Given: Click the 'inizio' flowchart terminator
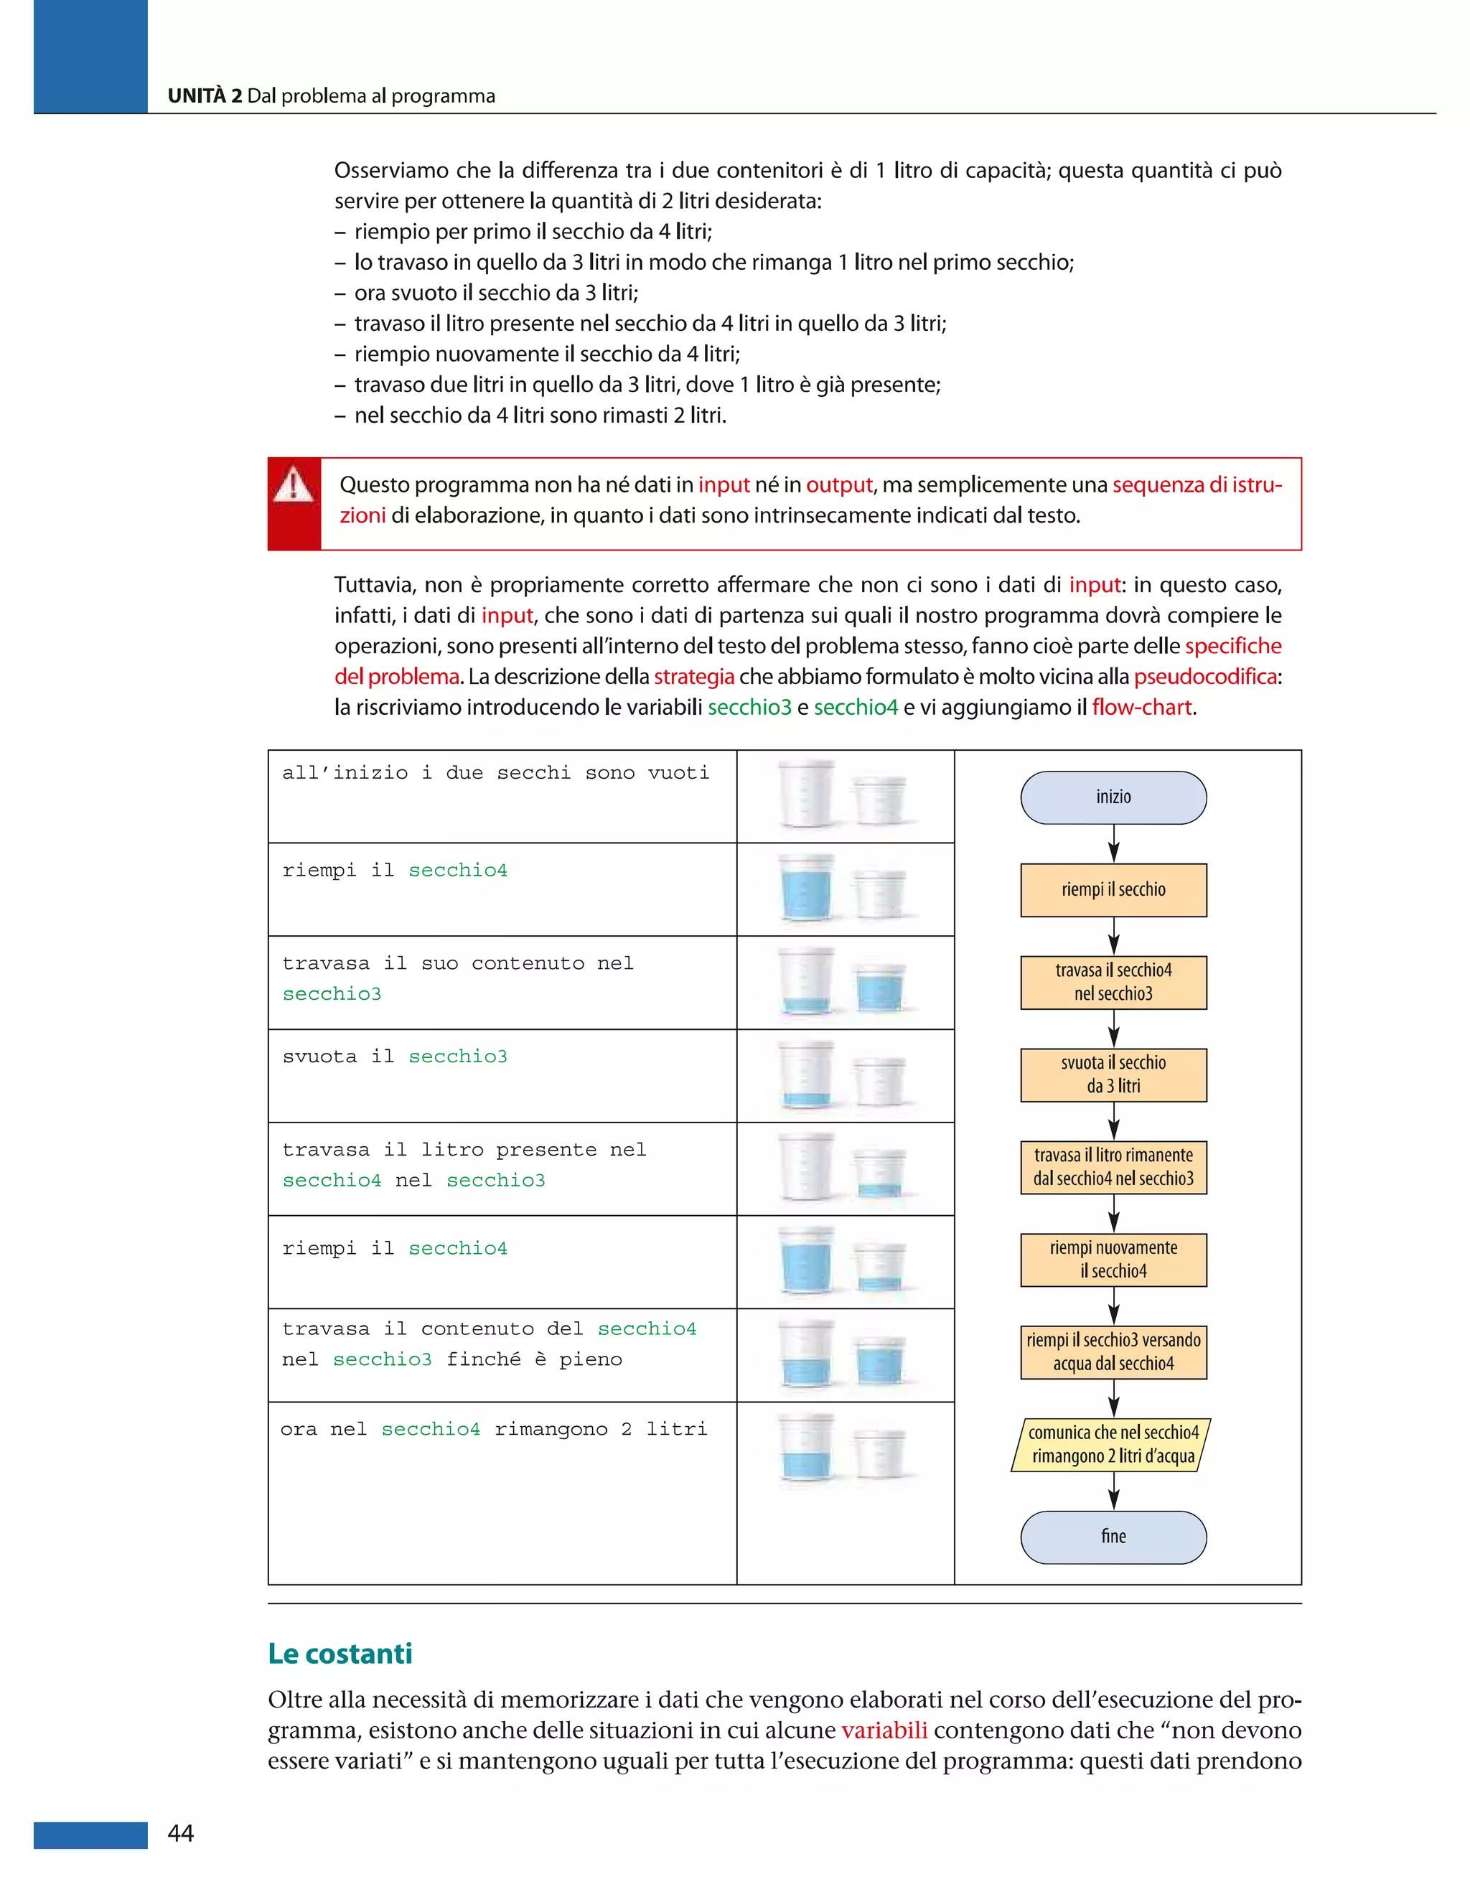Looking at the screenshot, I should pos(1113,797).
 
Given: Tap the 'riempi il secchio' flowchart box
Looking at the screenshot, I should pos(1113,890).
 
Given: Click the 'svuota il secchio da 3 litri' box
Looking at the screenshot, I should pos(1113,1074).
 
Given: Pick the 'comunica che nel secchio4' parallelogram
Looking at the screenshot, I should pos(1111,1445).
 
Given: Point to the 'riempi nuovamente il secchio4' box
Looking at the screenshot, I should pos(1113,1260).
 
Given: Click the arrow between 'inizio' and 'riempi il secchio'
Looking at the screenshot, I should pos(1113,844).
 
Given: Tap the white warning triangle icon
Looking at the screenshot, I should pos(294,485).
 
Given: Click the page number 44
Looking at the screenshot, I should pos(180,1833).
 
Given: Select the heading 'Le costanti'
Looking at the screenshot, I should pos(340,1653).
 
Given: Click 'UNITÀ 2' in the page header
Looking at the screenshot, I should pos(205,95).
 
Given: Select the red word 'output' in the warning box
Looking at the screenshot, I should pos(838,484).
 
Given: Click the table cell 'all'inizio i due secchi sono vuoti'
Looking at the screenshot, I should pos(495,773).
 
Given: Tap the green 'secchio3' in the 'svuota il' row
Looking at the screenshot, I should pos(457,1057).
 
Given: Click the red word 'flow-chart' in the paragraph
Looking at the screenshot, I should pos(1141,707).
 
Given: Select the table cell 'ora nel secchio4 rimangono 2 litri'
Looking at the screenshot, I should pos(494,1429).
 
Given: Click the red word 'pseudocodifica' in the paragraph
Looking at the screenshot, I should pos(1205,677).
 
